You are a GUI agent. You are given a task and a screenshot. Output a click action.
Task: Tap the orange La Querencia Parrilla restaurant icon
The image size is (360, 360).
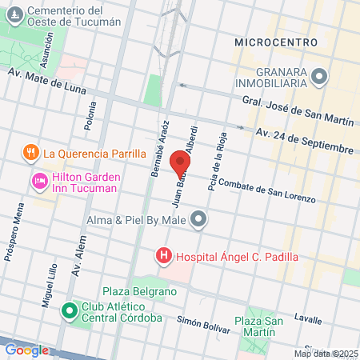click(30, 153)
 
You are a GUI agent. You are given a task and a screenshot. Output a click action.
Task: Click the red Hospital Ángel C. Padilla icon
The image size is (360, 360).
click(164, 257)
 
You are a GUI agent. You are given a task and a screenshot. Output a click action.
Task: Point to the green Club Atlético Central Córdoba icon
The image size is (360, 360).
click(70, 308)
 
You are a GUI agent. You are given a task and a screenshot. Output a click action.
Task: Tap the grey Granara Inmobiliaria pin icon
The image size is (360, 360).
click(320, 77)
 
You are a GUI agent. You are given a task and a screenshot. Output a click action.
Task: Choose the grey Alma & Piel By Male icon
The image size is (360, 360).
click(198, 218)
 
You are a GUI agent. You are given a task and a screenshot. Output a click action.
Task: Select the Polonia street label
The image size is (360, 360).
click(89, 115)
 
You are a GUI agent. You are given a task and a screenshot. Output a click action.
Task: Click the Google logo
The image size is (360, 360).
click(26, 350)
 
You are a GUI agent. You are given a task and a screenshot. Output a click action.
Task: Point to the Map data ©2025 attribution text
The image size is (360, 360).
click(325, 354)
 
